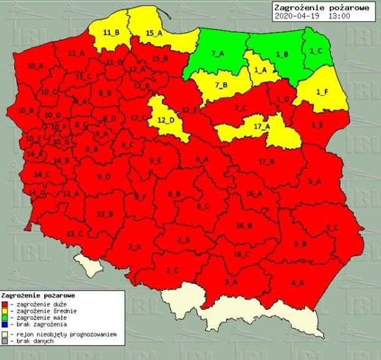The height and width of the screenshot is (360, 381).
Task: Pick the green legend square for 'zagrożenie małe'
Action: (6, 317)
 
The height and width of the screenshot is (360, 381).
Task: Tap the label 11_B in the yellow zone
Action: (111, 32)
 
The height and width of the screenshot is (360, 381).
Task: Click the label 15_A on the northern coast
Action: (154, 32)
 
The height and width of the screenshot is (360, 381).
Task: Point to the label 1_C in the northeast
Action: (316, 51)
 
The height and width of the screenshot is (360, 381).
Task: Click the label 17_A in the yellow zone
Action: (262, 126)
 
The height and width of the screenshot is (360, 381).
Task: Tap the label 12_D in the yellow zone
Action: (166, 119)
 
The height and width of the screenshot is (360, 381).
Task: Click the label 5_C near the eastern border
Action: (332, 227)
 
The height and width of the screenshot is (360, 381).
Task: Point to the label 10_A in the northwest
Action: (36, 66)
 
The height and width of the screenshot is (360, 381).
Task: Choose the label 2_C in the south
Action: (172, 270)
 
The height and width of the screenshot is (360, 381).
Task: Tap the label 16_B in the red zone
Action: (244, 225)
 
